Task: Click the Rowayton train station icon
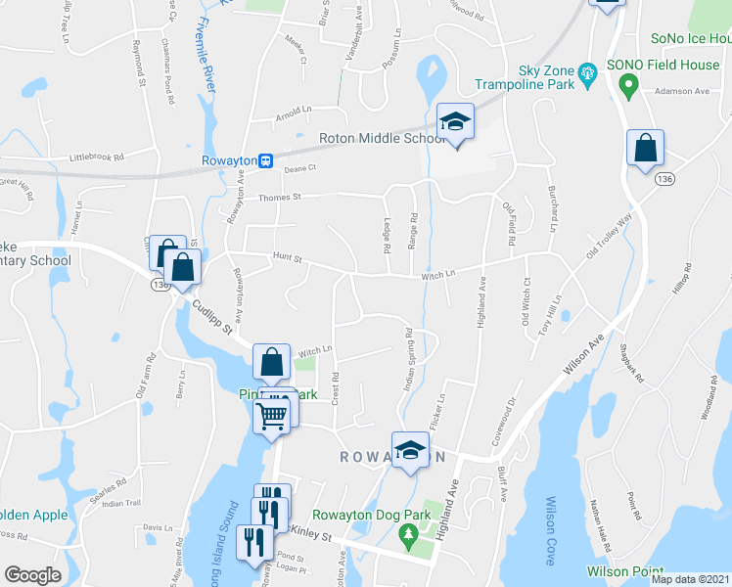pos(265,161)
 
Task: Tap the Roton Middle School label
pos(383,139)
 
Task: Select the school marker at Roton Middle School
pos(455,122)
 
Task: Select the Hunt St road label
pos(289,258)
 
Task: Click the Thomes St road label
pos(278,198)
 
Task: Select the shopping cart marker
pos(273,415)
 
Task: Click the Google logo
pos(32,575)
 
